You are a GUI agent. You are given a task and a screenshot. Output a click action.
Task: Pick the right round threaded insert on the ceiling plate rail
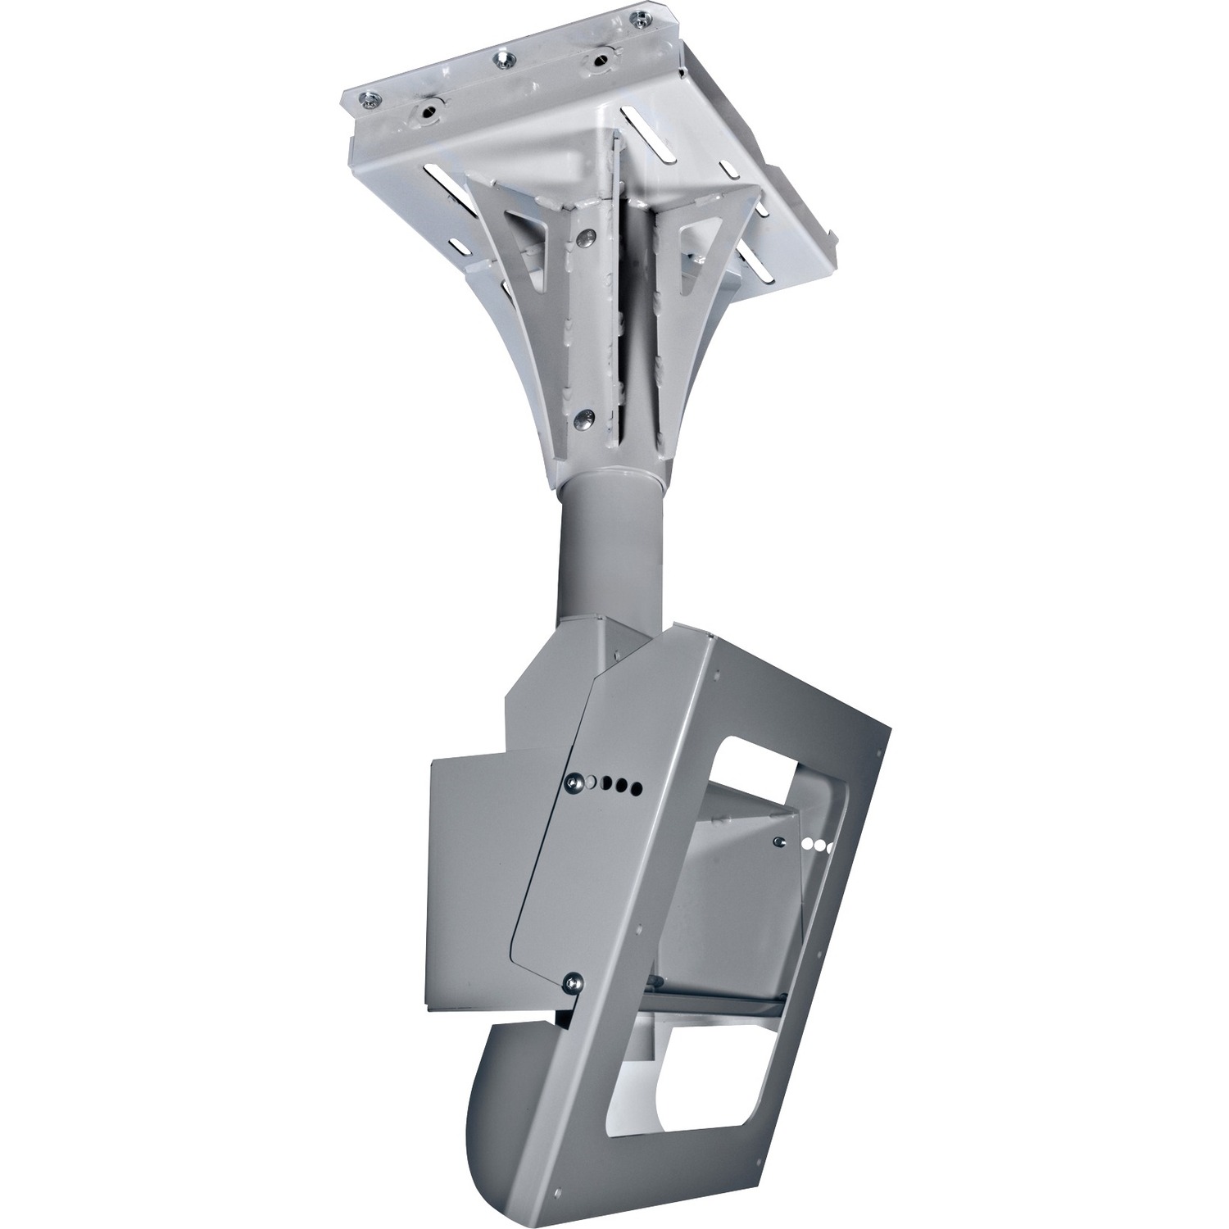(x=605, y=59)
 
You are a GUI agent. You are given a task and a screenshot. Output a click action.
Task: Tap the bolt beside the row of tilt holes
(x=571, y=783)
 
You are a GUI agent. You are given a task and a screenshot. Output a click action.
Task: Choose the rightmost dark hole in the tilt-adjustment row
(x=635, y=788)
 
